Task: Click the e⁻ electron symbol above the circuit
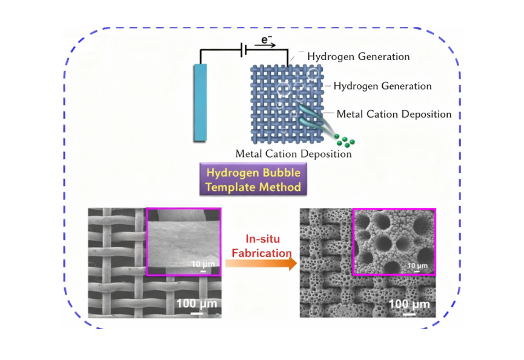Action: click(265, 39)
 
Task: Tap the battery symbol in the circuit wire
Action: click(243, 50)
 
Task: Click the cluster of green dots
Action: click(345, 140)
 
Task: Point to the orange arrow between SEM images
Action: click(260, 264)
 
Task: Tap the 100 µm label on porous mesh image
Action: click(410, 303)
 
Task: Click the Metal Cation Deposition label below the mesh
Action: click(293, 154)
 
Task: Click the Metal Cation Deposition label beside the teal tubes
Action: click(394, 114)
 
